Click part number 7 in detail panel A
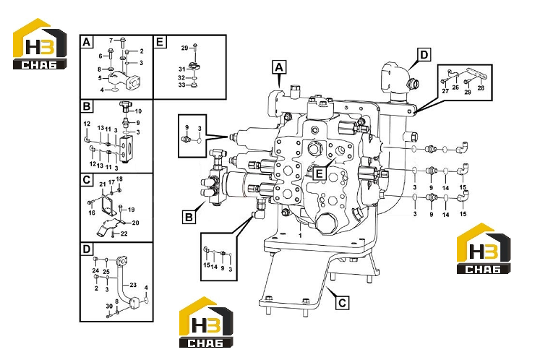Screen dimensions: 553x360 111,40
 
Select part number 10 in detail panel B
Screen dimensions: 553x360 138,111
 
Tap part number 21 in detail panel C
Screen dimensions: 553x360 103,184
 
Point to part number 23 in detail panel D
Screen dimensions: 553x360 133,285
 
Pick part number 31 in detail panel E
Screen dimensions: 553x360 181,69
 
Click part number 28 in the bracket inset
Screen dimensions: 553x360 481,87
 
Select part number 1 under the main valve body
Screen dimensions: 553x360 301,235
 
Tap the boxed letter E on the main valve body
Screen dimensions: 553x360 320,173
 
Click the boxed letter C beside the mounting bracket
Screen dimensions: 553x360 342,303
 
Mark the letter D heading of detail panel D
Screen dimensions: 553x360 87,249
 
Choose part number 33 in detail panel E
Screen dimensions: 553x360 181,85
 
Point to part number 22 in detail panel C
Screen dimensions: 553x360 124,233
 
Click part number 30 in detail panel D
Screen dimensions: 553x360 109,306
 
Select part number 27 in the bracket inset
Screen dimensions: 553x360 445,90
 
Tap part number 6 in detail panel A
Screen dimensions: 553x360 100,56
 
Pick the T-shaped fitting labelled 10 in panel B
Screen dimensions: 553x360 125,106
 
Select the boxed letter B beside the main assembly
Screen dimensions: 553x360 189,216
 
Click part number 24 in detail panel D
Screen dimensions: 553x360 95,270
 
